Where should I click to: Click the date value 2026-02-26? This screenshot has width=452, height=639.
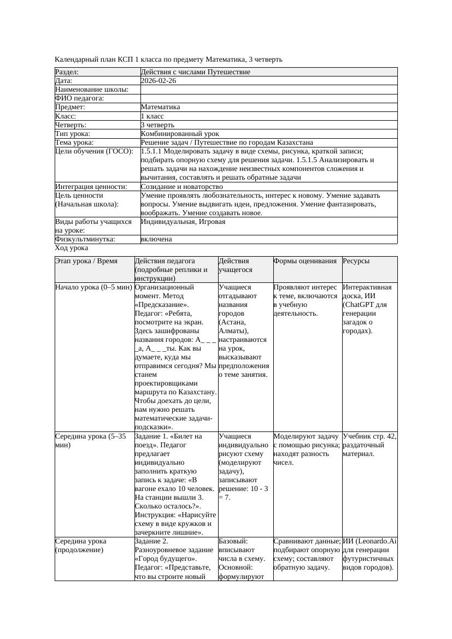point(159,81)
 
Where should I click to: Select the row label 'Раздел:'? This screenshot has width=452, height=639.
point(67,72)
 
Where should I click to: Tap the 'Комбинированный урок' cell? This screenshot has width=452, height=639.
point(180,134)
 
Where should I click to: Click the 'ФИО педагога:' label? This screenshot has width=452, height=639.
point(80,98)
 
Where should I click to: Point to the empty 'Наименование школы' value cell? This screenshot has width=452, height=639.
point(268,90)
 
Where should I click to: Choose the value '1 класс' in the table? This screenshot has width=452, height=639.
point(152,116)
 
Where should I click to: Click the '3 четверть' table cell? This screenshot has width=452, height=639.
point(157,125)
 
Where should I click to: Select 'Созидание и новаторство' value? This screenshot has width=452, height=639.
point(181,187)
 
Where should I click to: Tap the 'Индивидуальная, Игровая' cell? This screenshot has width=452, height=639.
point(183,222)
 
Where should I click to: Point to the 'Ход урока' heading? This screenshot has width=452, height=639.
point(72,248)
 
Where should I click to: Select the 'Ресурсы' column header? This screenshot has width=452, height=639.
point(356,261)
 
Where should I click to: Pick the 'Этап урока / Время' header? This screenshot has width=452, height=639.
point(86,261)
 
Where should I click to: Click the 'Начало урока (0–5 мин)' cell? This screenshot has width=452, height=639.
point(93,287)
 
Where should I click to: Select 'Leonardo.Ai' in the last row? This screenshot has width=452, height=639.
point(376,541)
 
